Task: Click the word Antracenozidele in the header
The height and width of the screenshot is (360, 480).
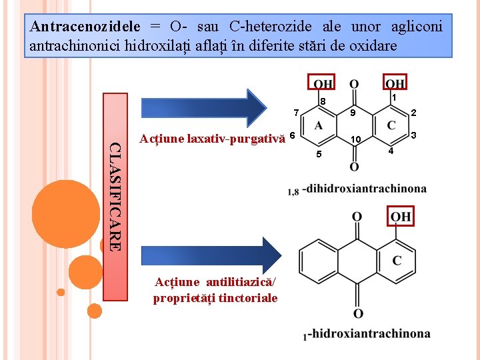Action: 85,27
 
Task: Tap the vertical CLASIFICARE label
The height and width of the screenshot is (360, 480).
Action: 114,197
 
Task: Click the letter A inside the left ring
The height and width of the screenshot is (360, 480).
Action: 319,126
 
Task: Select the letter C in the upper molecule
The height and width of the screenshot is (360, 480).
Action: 391,125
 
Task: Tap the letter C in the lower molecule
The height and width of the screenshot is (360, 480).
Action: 397,261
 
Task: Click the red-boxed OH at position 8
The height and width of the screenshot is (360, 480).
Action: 323,84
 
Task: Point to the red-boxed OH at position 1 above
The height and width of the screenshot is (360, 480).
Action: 395,84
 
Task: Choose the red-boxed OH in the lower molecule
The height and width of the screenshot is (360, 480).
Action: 401,217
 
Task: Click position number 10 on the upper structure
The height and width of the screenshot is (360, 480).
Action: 356,139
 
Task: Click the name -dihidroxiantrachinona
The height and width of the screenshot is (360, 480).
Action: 364,189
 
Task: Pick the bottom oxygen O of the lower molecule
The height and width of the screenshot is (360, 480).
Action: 358,313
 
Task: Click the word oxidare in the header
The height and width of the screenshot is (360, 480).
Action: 374,46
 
